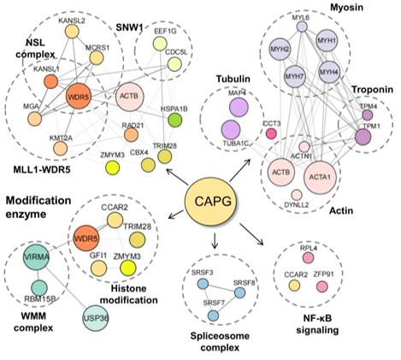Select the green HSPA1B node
[175, 121]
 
